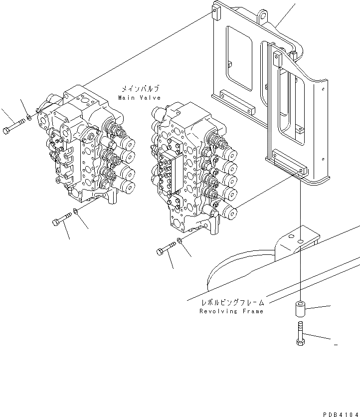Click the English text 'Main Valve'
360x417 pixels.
[x=140, y=98]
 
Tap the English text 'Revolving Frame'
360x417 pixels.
[x=231, y=311]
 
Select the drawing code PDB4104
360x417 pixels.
[x=341, y=409]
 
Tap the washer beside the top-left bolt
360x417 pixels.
[x=30, y=118]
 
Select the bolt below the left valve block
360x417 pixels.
[x=62, y=220]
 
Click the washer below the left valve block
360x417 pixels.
[x=75, y=212]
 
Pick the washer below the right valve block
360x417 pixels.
[x=180, y=242]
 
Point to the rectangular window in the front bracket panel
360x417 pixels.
[x=290, y=112]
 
